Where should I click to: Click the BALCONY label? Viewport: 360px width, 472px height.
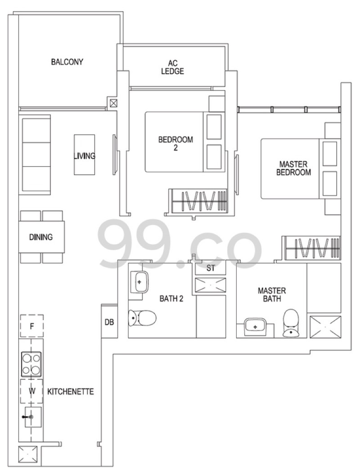click(x=67, y=62)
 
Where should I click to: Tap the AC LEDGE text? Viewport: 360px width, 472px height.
click(x=173, y=67)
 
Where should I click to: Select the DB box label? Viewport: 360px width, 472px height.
click(x=109, y=322)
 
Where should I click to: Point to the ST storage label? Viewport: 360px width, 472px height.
click(x=211, y=268)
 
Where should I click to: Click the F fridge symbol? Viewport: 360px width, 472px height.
click(x=32, y=326)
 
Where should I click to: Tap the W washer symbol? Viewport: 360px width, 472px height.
click(x=32, y=391)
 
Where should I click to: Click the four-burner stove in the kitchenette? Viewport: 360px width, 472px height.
click(x=31, y=364)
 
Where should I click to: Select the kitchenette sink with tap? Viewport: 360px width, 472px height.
click(x=32, y=417)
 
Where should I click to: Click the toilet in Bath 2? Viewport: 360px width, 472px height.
click(x=142, y=317)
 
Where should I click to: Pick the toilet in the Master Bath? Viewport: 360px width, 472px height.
click(x=291, y=323)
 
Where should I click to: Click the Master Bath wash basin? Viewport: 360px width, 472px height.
click(x=255, y=327)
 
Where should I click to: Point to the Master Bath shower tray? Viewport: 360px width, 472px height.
click(x=325, y=327)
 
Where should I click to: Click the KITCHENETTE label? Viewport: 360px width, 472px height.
click(x=71, y=392)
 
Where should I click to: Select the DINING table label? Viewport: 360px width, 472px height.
click(x=41, y=237)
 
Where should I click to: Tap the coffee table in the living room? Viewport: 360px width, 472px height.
click(x=84, y=155)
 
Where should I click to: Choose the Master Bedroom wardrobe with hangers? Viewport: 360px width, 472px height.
click(x=311, y=248)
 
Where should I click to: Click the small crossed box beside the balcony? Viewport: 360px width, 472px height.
click(x=113, y=103)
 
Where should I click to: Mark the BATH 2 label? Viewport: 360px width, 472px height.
click(x=171, y=298)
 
